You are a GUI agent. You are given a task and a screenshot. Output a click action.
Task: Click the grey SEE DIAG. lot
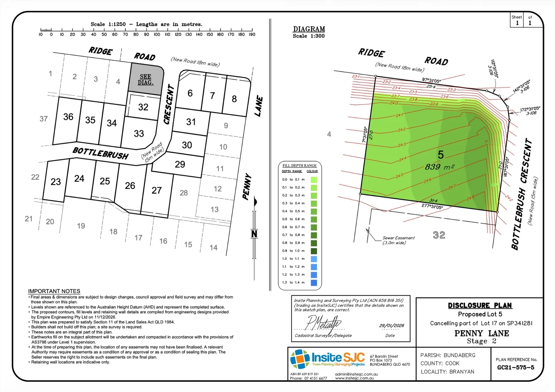click(146, 79)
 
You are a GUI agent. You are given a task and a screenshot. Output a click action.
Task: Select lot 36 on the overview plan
click(68, 117)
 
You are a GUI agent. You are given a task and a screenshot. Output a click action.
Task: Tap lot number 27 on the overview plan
click(157, 191)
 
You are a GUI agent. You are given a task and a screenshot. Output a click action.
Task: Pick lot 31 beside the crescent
click(191, 122)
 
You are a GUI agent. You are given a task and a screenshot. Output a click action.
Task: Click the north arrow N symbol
click(254, 233)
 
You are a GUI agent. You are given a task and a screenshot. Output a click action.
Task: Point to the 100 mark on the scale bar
click(157, 34)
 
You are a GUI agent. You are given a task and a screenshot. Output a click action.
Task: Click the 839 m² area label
click(439, 167)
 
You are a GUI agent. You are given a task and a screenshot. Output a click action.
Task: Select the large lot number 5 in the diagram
click(441, 155)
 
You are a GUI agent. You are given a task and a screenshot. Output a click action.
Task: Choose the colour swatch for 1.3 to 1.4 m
click(314, 283)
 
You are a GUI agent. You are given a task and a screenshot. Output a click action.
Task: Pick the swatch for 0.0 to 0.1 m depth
click(314, 180)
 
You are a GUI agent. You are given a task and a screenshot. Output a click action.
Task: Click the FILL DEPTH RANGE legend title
click(300, 166)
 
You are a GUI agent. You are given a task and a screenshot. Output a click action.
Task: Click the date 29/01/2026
click(392, 326)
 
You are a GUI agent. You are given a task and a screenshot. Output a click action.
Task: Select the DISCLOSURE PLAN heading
click(480, 306)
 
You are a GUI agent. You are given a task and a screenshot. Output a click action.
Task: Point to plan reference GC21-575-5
click(516, 368)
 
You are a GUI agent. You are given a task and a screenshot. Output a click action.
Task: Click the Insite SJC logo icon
click(300, 359)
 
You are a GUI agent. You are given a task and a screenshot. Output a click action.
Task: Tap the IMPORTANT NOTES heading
click(54, 291)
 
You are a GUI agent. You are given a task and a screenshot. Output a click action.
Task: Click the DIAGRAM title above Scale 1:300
click(309, 29)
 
